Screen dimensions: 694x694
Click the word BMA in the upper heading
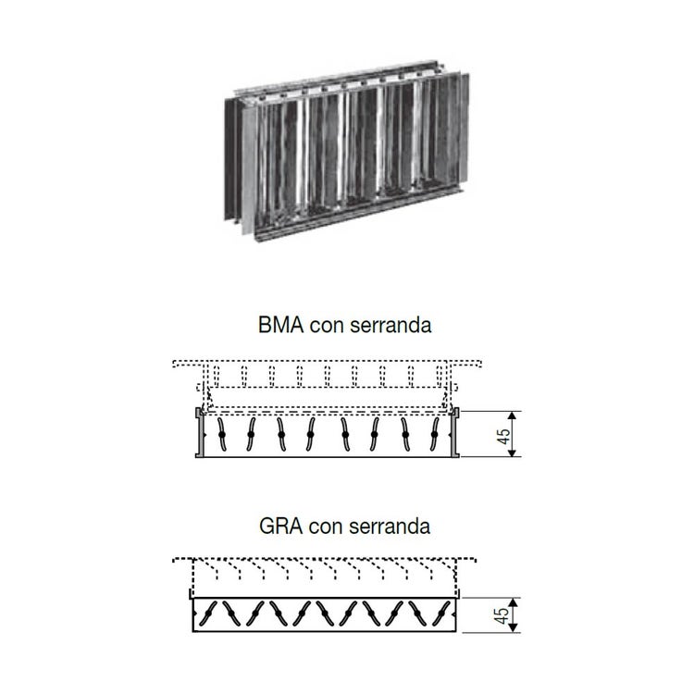click(x=280, y=325)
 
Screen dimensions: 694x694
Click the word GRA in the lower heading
click(x=280, y=527)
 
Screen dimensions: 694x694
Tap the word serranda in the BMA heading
click(x=390, y=325)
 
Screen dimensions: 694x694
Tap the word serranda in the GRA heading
click(x=390, y=527)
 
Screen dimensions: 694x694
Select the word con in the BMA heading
click(x=327, y=327)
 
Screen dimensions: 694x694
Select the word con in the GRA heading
click(x=326, y=528)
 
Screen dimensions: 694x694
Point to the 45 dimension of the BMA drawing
click(x=503, y=436)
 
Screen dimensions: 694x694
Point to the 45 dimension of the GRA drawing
click(x=502, y=615)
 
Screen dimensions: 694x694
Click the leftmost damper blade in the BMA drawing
click(x=222, y=435)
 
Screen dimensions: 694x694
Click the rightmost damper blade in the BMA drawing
click(x=435, y=435)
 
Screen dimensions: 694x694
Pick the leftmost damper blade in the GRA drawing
click(x=208, y=613)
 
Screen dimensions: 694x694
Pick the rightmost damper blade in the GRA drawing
click(x=441, y=613)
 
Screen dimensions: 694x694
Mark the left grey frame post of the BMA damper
click(x=200, y=432)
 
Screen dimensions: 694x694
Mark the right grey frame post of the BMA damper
click(x=455, y=432)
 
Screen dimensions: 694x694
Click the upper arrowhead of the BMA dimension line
click(x=512, y=415)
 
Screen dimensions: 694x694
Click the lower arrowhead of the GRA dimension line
click(x=513, y=627)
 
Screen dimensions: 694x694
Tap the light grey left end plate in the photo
click(x=249, y=170)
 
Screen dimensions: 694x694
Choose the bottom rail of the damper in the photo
click(x=358, y=215)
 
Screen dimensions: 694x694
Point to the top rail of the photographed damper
click(x=337, y=80)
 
